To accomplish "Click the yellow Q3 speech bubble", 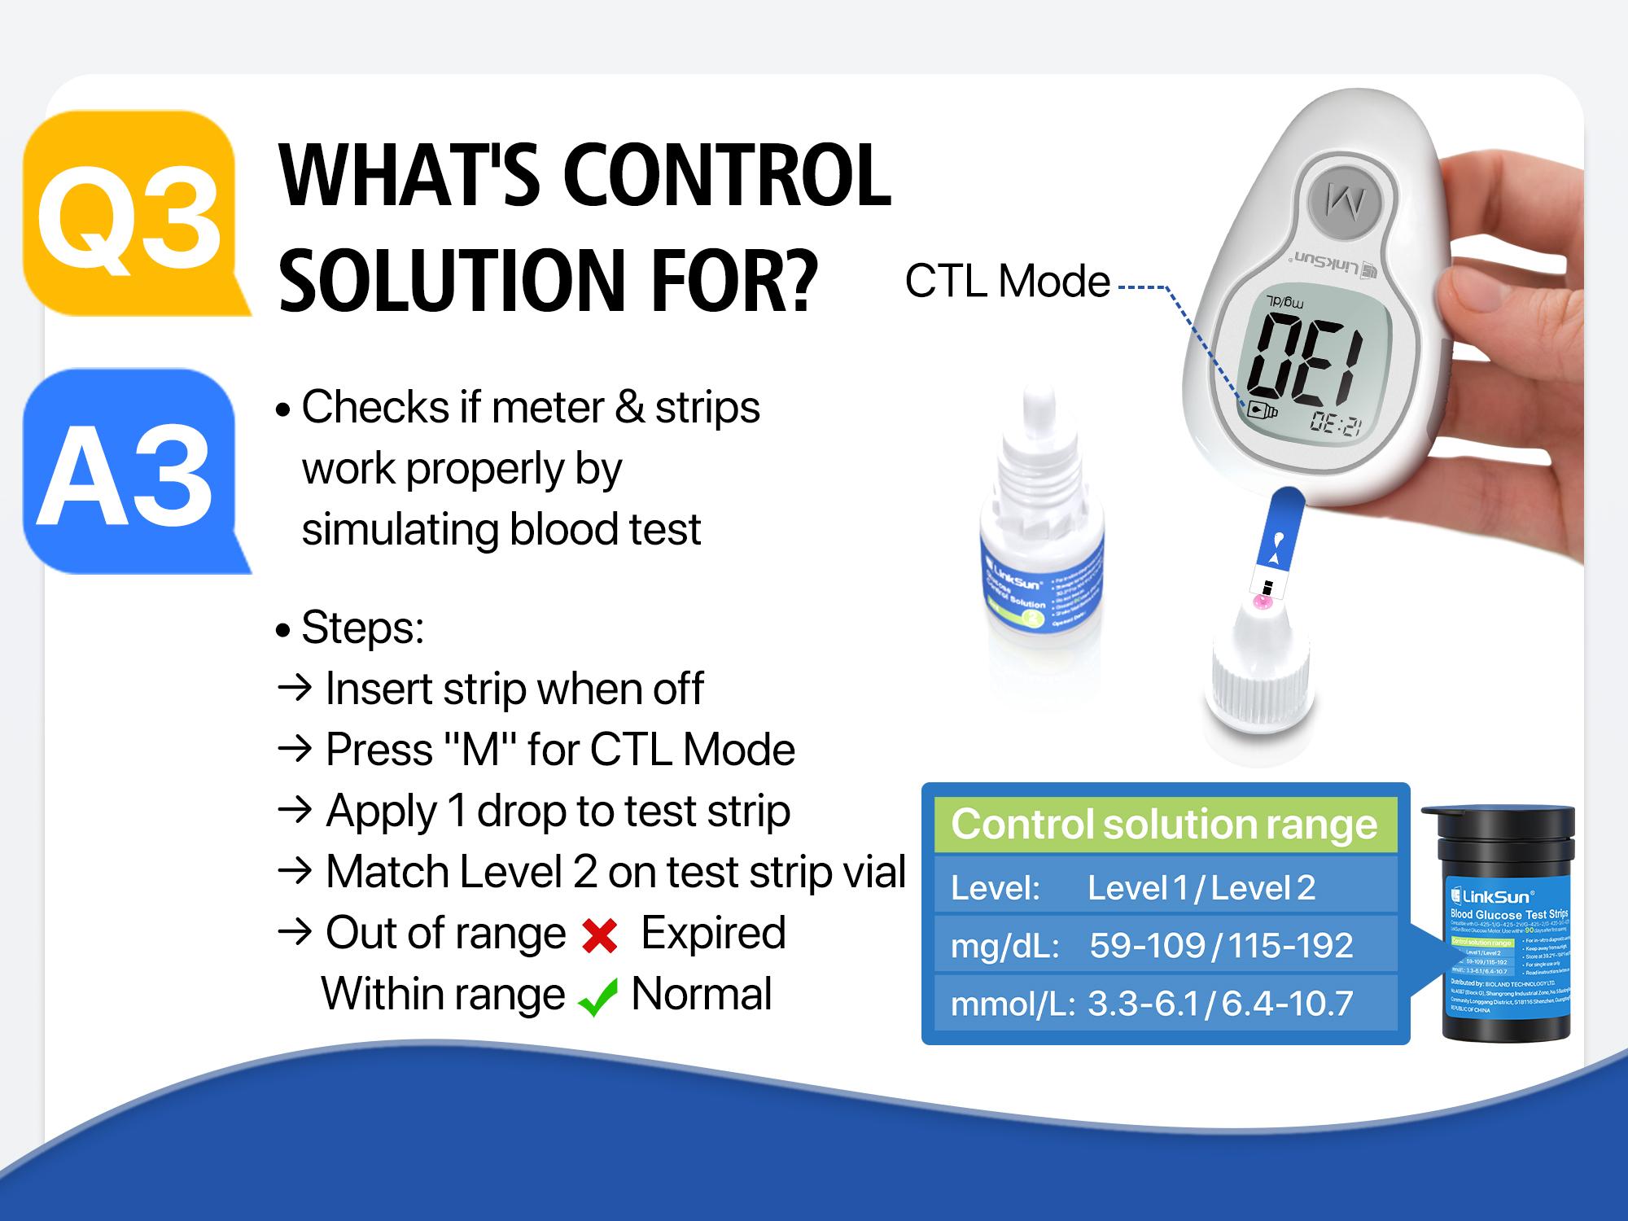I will tap(130, 213).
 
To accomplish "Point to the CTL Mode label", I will tap(1007, 282).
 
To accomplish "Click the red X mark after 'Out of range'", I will tap(600, 936).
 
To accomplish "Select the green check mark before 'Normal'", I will tap(597, 997).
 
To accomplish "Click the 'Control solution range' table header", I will tap(1164, 824).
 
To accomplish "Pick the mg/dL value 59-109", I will tap(1147, 945).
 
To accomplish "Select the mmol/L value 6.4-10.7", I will tap(1287, 1004).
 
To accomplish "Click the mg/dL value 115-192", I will tap(1290, 945).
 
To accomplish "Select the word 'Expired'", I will tap(713, 933).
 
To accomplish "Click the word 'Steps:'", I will tap(362, 628).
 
